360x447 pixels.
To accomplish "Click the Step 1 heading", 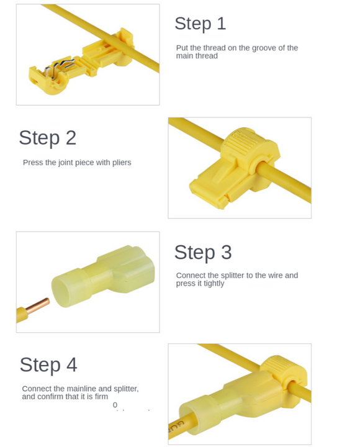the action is (200, 24).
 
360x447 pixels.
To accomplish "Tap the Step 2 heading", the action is (48, 138).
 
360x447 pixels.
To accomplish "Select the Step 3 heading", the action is (203, 252).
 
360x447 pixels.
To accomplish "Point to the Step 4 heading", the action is (48, 365).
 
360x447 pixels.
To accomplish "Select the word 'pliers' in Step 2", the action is (122, 163).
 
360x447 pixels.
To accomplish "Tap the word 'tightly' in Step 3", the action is (214, 284).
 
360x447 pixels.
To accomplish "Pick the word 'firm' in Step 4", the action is (101, 397).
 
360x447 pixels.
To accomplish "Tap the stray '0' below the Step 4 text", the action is (115, 405).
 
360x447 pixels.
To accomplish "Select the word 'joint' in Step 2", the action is (65, 163).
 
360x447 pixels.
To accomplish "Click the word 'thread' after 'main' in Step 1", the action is (207, 56).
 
